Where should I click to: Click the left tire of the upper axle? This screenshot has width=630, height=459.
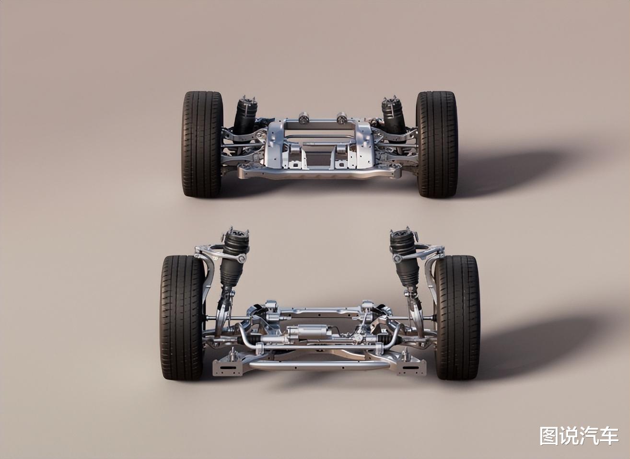[202, 144]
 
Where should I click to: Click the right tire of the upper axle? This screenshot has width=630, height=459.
[437, 144]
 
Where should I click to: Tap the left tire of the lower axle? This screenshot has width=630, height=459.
[182, 318]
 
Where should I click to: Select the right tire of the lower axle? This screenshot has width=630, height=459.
[457, 318]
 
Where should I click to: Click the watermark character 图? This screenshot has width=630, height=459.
[548, 436]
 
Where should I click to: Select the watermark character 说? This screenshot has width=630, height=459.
[569, 436]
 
